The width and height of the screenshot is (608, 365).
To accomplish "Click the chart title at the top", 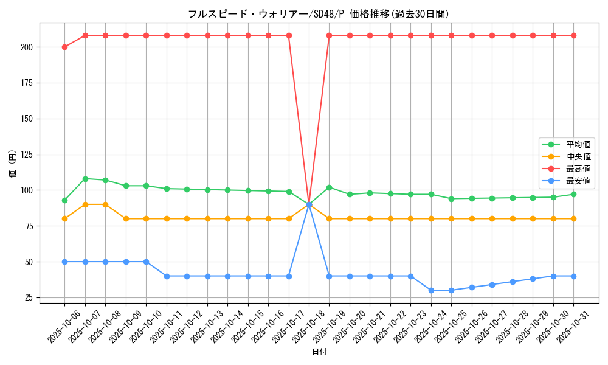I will (319, 14).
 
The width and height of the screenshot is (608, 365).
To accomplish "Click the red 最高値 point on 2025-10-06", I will (64, 47).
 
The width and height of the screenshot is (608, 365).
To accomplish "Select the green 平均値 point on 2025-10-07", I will (85, 179).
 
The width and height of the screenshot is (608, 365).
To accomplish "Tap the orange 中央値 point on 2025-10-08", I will (105, 204).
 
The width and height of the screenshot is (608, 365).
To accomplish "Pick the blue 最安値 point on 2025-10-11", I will (167, 276).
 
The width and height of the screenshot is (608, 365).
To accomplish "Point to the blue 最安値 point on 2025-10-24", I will (431, 290).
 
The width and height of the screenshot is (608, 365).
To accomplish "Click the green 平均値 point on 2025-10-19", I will (329, 187).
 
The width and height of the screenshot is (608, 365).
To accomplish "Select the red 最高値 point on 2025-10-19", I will (329, 35).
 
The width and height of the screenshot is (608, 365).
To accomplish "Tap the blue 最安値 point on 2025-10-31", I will (573, 276).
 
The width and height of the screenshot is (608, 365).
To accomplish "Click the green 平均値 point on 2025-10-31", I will (573, 194).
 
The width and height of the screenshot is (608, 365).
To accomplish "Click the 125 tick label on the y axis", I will (30, 155).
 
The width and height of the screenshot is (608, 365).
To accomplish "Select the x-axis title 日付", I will (319, 352).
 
